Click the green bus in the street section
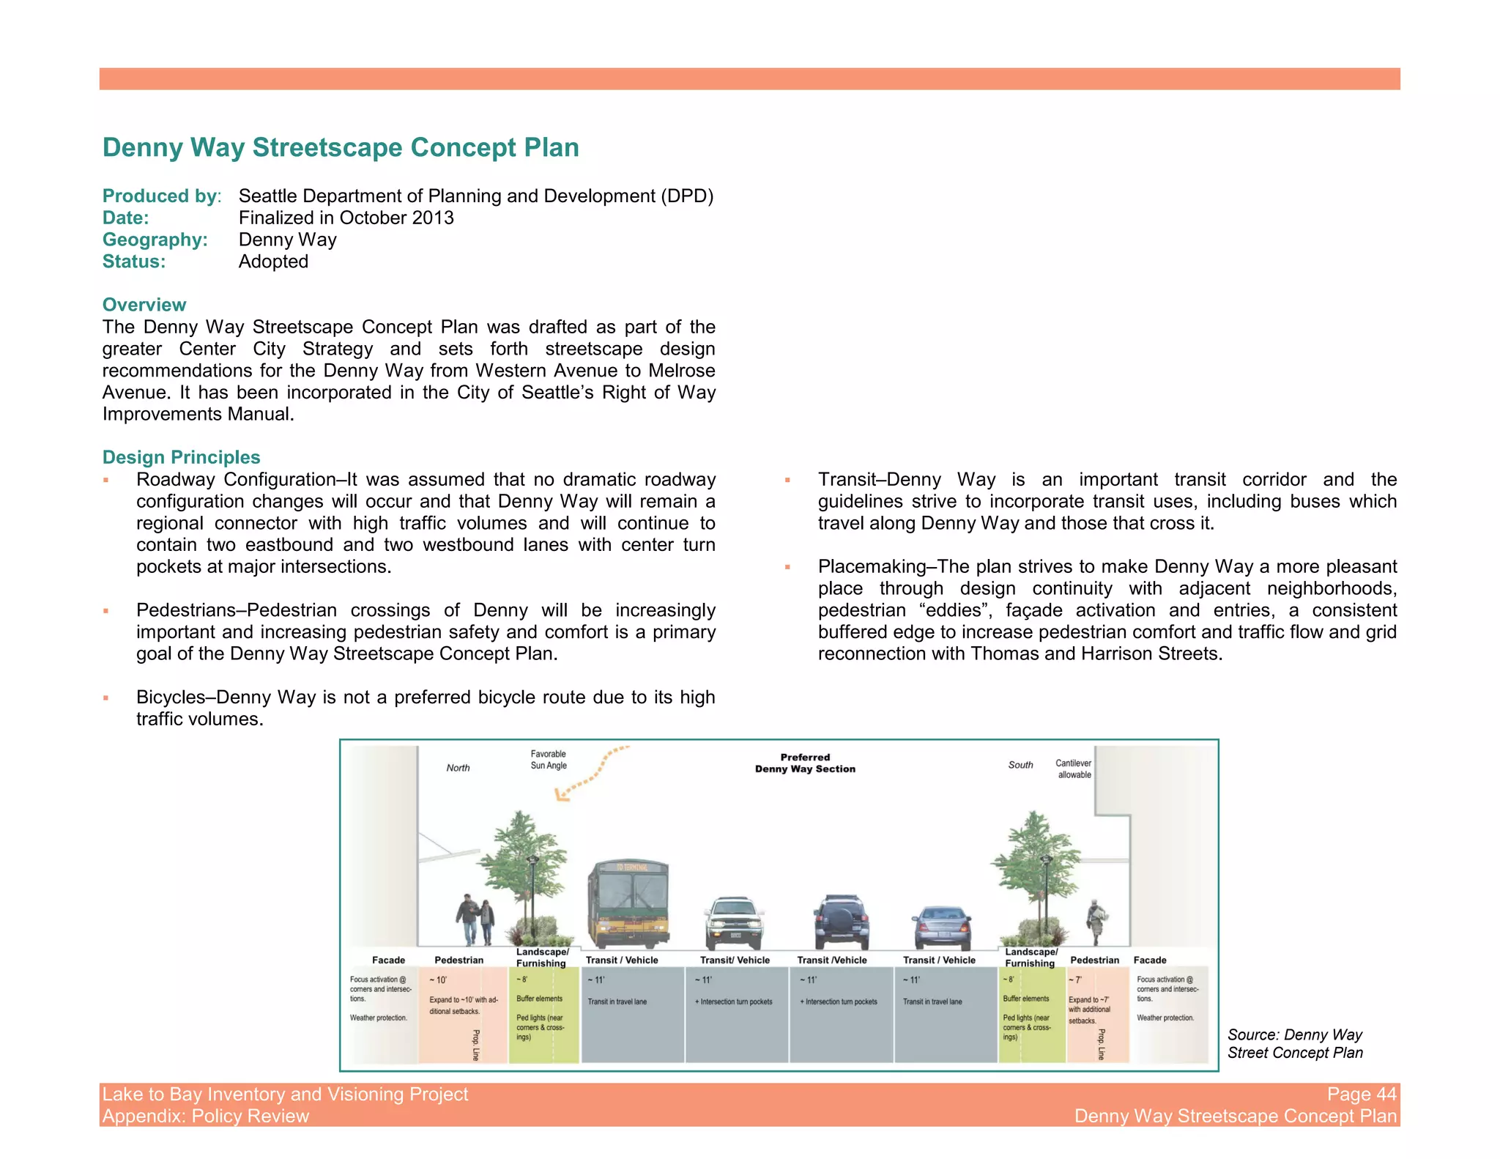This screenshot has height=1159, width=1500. (x=628, y=904)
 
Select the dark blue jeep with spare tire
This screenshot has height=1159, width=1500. (x=841, y=922)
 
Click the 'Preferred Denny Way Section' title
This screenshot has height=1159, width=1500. (x=805, y=763)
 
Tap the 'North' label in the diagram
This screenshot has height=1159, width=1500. (x=458, y=768)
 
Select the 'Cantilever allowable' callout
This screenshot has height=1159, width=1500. (x=1074, y=769)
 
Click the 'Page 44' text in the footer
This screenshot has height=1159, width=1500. (x=1361, y=1094)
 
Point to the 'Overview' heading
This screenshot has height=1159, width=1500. (x=144, y=305)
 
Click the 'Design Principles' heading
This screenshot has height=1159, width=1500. (x=181, y=457)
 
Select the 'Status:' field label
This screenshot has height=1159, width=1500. (x=134, y=262)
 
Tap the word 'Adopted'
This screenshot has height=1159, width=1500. (x=273, y=262)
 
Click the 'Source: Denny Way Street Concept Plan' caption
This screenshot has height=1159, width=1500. (x=1294, y=1043)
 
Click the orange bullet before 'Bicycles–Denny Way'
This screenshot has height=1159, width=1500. (x=106, y=698)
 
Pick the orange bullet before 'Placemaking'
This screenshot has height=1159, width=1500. (x=788, y=567)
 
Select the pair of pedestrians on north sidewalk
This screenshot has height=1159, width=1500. (x=475, y=920)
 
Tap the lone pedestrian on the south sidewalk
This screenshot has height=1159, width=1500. (x=1096, y=922)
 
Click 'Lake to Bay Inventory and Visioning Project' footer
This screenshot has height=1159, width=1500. (x=285, y=1094)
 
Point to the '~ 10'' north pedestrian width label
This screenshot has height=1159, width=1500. (x=438, y=980)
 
